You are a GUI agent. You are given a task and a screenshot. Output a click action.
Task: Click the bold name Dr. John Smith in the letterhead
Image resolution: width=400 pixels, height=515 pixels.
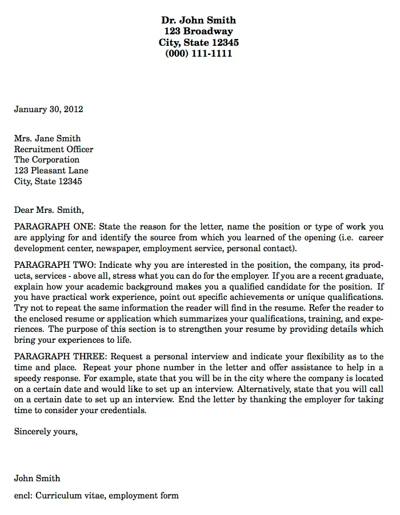[198, 20]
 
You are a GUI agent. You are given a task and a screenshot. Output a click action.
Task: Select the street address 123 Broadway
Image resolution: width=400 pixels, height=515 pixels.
[198, 31]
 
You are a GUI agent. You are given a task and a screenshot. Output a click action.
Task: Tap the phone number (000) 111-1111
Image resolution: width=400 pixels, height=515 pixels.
[198, 54]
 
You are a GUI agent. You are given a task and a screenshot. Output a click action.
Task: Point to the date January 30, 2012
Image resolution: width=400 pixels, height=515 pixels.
[49, 109]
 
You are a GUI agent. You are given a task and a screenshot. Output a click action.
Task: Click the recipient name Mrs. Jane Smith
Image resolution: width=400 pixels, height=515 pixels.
[47, 138]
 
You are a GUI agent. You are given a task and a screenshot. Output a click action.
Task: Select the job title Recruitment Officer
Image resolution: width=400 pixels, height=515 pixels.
[54, 149]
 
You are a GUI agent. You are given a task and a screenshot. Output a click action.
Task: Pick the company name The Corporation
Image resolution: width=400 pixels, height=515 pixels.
[47, 160]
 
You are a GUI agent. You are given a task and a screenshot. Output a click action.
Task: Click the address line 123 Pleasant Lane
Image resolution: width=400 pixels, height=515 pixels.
[51, 171]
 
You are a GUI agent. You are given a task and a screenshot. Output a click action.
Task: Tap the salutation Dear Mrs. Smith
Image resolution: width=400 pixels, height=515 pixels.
[49, 209]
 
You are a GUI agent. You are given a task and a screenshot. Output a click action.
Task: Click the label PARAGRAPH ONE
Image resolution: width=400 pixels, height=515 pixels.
[55, 227]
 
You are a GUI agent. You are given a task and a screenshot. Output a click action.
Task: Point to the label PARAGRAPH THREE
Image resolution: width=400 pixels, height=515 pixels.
[59, 355]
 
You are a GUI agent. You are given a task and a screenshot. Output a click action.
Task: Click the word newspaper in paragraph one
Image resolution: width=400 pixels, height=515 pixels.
[117, 249]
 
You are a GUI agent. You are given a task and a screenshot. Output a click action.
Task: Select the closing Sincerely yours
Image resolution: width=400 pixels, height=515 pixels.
[45, 431]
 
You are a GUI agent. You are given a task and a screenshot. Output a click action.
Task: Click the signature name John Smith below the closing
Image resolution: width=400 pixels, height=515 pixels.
[37, 478]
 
